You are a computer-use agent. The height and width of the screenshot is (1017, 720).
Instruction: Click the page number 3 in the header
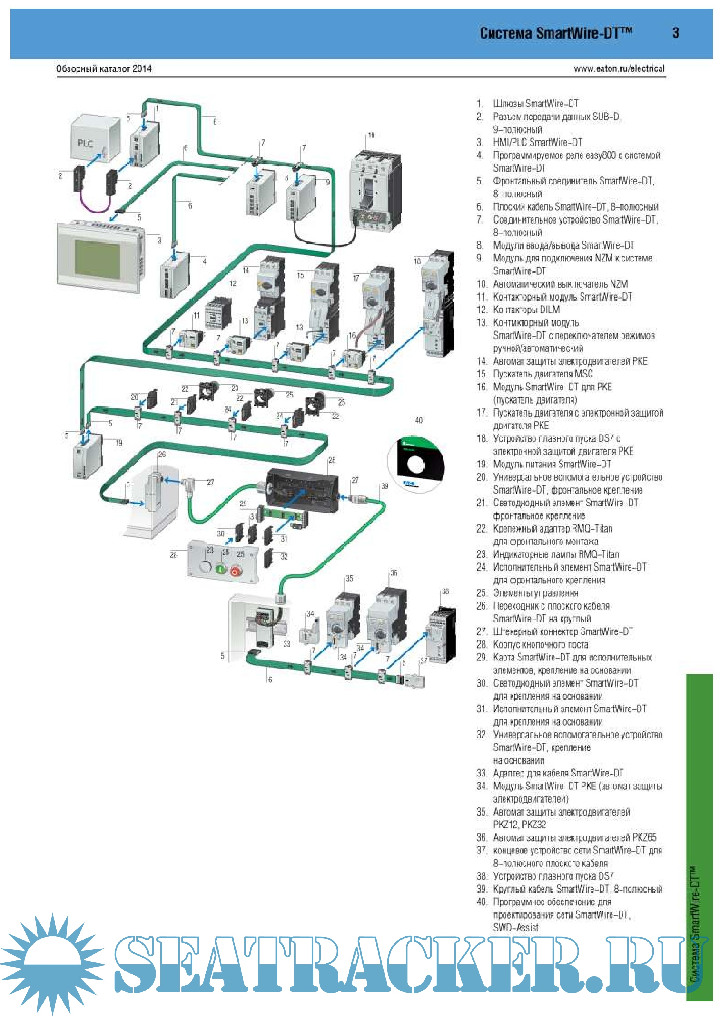(x=675, y=33)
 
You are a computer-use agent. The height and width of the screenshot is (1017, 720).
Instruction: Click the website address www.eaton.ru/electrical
(x=619, y=69)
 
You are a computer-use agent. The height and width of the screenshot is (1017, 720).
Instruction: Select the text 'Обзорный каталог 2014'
(x=104, y=69)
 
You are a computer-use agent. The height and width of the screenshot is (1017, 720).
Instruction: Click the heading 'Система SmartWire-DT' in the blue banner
(x=556, y=33)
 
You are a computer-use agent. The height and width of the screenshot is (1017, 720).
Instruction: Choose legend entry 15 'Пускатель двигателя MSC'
(x=543, y=374)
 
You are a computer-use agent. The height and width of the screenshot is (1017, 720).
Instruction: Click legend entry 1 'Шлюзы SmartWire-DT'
(x=535, y=104)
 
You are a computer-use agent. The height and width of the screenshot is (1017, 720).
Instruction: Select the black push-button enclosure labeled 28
(x=302, y=491)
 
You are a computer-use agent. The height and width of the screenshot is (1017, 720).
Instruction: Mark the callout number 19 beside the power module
(x=119, y=442)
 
